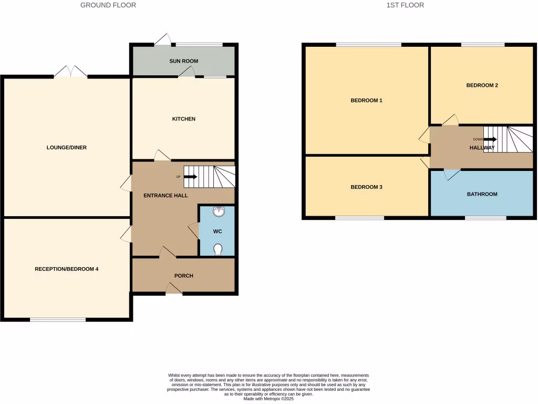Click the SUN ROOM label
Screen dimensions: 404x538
(x=183, y=61)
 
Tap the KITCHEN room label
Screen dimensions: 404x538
(x=183, y=119)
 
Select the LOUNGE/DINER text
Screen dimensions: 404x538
(x=66, y=148)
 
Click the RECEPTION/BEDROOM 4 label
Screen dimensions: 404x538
(x=66, y=269)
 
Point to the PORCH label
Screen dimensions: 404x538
(x=183, y=276)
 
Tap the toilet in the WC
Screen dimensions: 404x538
(x=218, y=249)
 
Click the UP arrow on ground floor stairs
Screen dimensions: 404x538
(x=190, y=177)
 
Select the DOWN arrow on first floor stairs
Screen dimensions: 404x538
(x=490, y=139)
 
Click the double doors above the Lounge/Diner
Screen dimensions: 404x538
(x=70, y=72)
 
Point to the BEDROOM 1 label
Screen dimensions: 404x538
(x=366, y=100)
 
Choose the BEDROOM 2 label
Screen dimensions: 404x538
(x=482, y=85)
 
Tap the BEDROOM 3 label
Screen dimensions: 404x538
(x=366, y=187)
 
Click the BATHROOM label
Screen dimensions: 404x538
(x=482, y=194)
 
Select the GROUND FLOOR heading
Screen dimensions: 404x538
(x=108, y=5)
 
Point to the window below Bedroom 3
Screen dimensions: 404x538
(x=359, y=218)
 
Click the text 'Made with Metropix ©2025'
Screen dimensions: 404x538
(x=268, y=399)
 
